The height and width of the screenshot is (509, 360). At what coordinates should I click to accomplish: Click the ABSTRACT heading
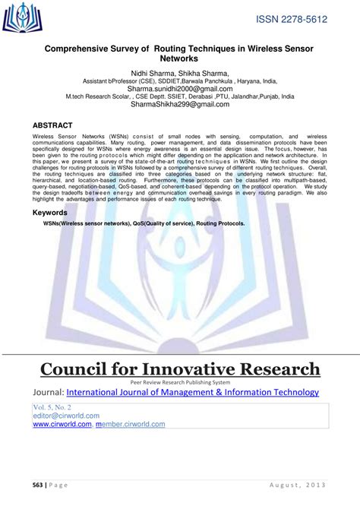(x=53, y=124)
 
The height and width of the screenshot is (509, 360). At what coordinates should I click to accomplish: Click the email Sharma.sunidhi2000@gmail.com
(x=179, y=88)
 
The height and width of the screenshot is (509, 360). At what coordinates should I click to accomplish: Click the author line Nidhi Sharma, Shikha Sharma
(x=179, y=71)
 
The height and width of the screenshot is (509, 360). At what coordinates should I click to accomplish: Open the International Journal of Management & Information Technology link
(x=193, y=392)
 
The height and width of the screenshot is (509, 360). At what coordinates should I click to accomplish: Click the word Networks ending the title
(x=179, y=58)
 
